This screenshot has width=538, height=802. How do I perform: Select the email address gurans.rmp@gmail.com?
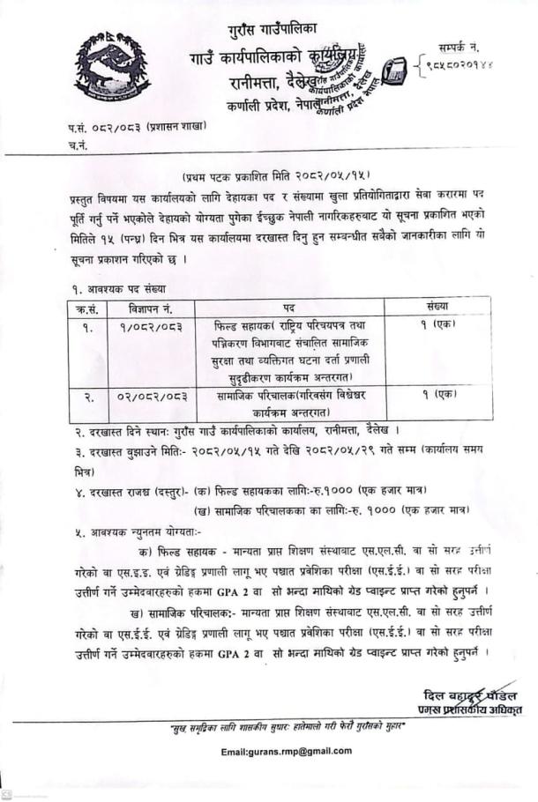click(287, 751)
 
